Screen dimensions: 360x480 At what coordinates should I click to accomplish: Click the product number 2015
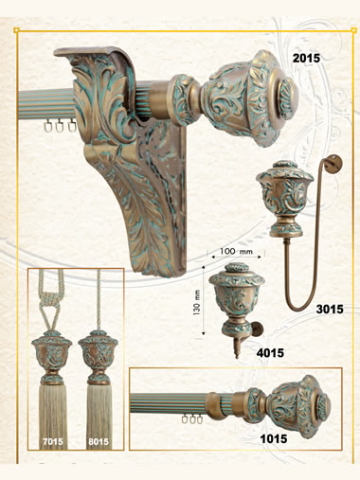pos(306,59)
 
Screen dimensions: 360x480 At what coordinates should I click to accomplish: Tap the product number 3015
pos(330,310)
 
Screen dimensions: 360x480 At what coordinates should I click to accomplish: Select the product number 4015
pos(270,353)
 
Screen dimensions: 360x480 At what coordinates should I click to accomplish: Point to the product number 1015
pos(274,438)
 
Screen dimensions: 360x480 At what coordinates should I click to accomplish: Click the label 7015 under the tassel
pos(53,442)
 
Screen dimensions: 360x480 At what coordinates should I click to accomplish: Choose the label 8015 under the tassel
pos(99,442)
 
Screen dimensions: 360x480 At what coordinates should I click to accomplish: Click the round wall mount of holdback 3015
pos(336,162)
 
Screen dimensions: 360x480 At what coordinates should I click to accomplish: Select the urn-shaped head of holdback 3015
pos(285,199)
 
